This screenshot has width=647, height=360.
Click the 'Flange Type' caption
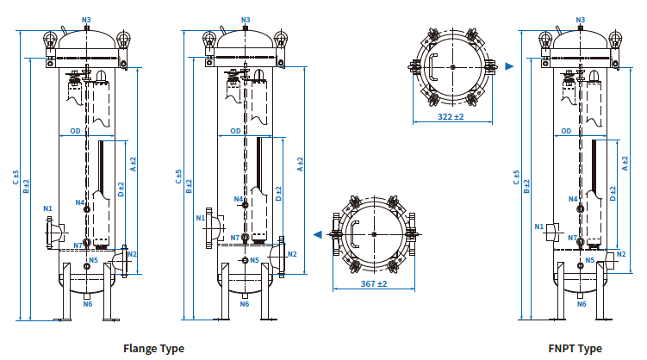(x=153, y=349)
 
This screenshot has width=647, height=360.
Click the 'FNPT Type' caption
(x=575, y=349)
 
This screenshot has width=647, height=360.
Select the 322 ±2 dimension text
(x=451, y=115)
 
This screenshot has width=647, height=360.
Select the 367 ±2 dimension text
(x=372, y=283)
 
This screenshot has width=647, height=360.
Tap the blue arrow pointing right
(x=510, y=65)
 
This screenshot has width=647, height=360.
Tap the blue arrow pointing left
(x=318, y=233)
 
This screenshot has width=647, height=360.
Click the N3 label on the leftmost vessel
(x=86, y=19)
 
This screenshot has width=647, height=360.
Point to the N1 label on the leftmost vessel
(x=47, y=208)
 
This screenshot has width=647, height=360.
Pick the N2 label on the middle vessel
(x=292, y=253)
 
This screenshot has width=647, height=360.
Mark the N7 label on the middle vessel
(x=235, y=238)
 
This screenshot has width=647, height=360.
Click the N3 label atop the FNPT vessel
(x=581, y=19)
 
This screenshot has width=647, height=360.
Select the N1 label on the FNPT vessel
(x=539, y=227)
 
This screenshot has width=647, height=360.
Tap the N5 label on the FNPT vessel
(x=590, y=259)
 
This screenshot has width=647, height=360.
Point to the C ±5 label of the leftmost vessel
(x=16, y=177)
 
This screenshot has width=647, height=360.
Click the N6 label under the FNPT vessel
(x=581, y=304)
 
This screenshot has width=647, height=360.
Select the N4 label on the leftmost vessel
(x=79, y=202)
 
